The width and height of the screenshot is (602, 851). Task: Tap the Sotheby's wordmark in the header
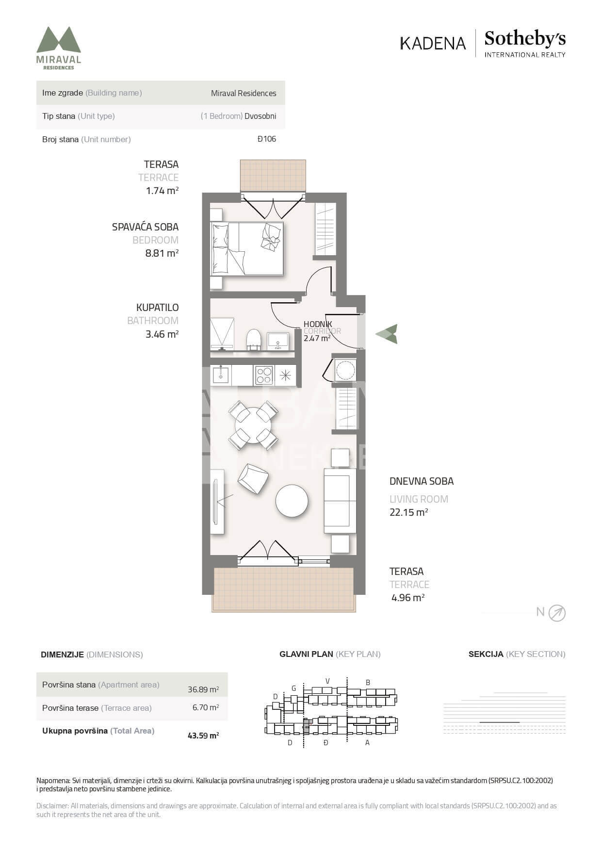[525, 39]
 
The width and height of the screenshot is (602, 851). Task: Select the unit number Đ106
[267, 139]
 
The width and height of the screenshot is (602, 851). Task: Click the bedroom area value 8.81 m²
[162, 253]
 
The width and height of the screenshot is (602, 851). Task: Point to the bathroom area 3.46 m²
[162, 334]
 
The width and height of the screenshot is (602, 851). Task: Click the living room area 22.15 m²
[408, 512]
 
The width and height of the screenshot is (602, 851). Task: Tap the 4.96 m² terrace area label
[408, 598]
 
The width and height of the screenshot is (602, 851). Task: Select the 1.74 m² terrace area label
[162, 191]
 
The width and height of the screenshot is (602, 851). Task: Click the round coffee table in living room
[292, 501]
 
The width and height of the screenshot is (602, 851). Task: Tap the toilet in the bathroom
[254, 339]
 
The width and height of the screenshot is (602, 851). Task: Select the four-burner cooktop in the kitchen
[264, 375]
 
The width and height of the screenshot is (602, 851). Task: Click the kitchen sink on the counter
[221, 375]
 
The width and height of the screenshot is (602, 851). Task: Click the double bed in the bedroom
[247, 249]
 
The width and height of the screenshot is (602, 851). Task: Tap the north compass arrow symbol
[557, 613]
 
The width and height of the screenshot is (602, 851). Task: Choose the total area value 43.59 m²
[203, 736]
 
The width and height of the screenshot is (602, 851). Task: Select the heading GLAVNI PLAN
[306, 654]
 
